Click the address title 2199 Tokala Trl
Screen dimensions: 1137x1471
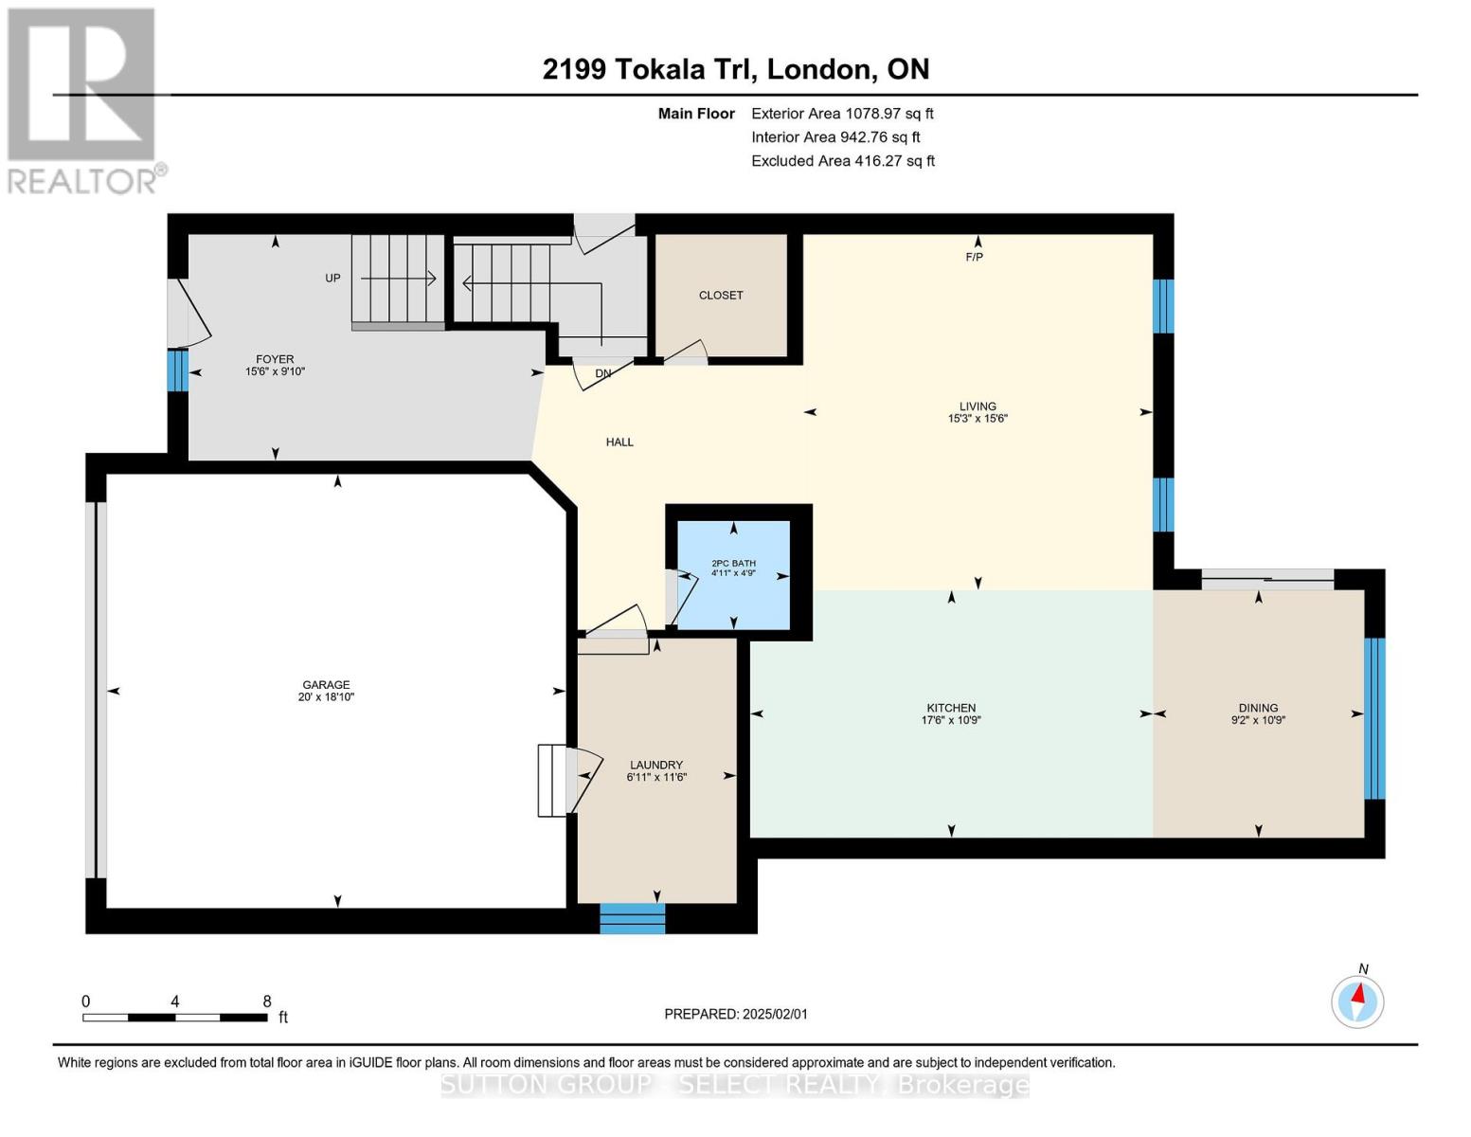pos(735,69)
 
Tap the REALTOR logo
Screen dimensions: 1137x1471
pos(82,100)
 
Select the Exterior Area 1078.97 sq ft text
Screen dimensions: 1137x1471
pos(842,114)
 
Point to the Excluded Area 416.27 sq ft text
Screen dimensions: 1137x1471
pos(843,161)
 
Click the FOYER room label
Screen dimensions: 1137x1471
pos(275,359)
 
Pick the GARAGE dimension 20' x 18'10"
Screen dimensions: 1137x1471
pos(326,697)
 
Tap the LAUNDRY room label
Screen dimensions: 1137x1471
pos(656,765)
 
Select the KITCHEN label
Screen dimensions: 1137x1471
pos(951,708)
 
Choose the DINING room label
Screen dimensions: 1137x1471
pos(1258,708)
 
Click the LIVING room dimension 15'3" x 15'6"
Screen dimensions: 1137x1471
pos(978,419)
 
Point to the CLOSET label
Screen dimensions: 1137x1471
pos(721,296)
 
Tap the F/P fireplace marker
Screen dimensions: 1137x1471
pos(975,257)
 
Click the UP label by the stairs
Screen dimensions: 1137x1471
pos(332,279)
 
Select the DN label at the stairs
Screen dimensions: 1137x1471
pos(603,373)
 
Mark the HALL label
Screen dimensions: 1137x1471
pos(619,442)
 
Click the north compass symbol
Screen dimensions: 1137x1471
pos(1357,1001)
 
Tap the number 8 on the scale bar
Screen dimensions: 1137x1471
pos(267,1002)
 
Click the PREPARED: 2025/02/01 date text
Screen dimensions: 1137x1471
pos(736,1014)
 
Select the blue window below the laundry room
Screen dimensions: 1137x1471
pos(632,918)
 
